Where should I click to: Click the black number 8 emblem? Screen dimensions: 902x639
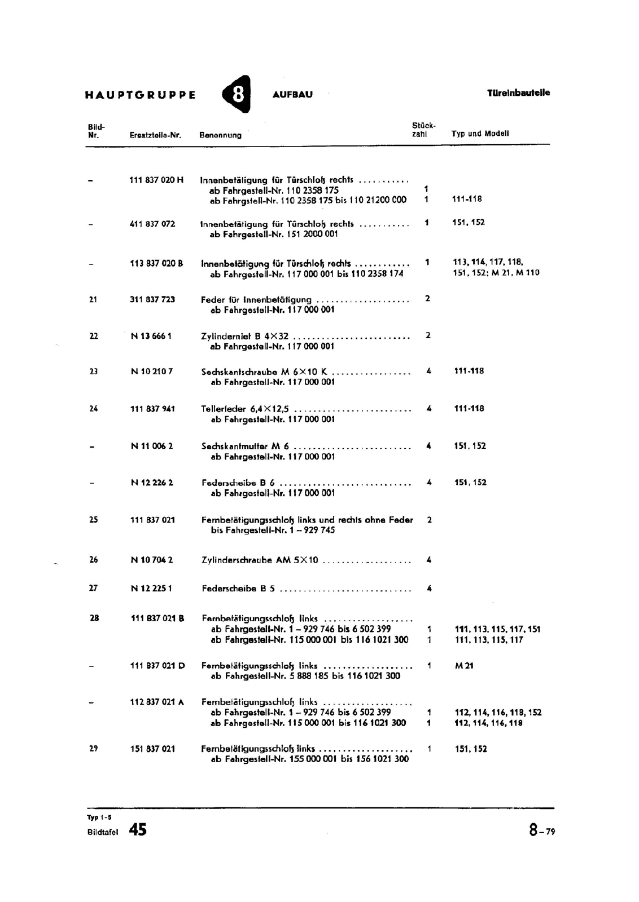coord(238,94)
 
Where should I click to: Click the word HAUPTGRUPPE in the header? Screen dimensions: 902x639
coord(141,95)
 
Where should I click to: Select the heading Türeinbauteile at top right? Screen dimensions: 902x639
coord(518,93)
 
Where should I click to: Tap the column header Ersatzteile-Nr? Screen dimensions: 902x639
coord(155,135)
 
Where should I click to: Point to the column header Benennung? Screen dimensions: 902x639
coord(220,135)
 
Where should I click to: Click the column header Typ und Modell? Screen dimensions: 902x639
coord(480,134)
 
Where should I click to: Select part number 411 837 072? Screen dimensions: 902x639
coord(152,224)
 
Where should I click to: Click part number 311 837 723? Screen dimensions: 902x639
coord(152,299)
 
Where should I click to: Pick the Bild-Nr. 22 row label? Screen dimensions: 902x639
coord(94,336)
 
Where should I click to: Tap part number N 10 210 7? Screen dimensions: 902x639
coord(152,372)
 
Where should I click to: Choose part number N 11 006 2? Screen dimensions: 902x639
coord(152,446)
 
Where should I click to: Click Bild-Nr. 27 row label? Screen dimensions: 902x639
coord(94,588)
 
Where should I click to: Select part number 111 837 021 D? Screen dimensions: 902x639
coord(157,666)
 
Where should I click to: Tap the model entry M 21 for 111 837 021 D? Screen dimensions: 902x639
coord(464,666)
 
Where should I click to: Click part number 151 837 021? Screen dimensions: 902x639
coord(152,749)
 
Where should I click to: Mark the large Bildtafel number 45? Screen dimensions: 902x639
coord(137,830)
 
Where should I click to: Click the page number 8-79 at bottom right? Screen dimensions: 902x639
coord(542,831)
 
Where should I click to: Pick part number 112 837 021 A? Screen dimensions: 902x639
coord(157,702)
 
